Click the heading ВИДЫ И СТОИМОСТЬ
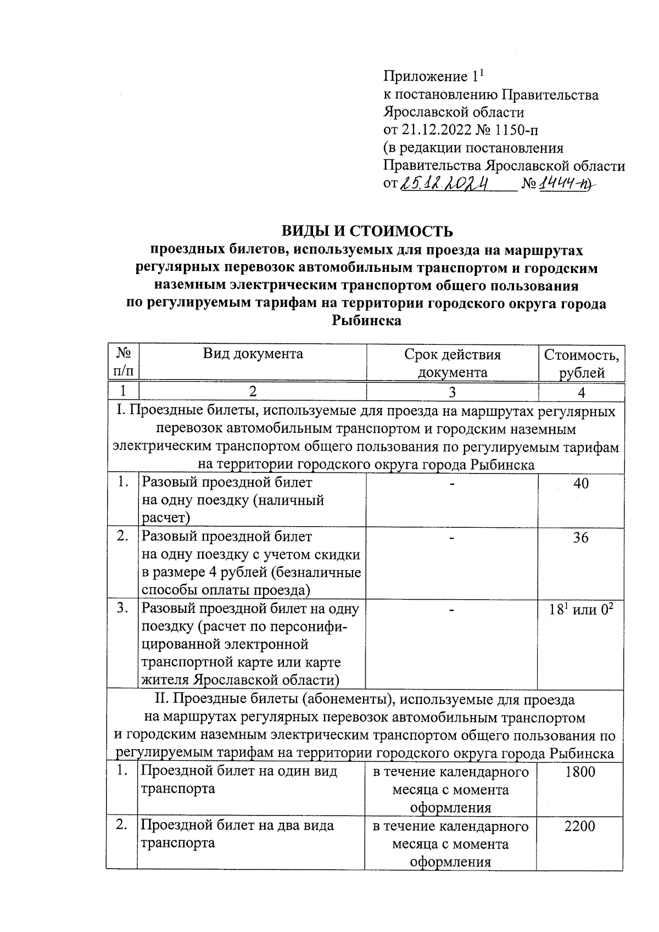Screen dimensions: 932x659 [x=366, y=231]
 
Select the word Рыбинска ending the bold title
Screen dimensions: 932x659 [x=366, y=321]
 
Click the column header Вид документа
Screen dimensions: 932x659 [x=253, y=354]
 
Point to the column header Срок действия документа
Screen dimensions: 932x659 [x=452, y=363]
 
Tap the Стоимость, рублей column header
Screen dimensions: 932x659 [x=581, y=363]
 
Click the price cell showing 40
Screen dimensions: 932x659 [x=580, y=483]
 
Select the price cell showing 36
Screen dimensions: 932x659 [x=580, y=537]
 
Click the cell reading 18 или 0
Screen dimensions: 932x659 [x=580, y=610]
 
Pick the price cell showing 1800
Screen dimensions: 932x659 [x=580, y=772]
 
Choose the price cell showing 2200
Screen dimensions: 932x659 [x=580, y=826]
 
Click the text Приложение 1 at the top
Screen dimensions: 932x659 [x=432, y=76]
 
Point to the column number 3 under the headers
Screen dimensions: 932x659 [x=452, y=392]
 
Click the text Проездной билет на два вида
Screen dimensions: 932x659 [x=237, y=825]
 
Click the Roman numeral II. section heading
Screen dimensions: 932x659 [x=365, y=700]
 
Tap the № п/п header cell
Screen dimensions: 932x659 [x=123, y=363]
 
